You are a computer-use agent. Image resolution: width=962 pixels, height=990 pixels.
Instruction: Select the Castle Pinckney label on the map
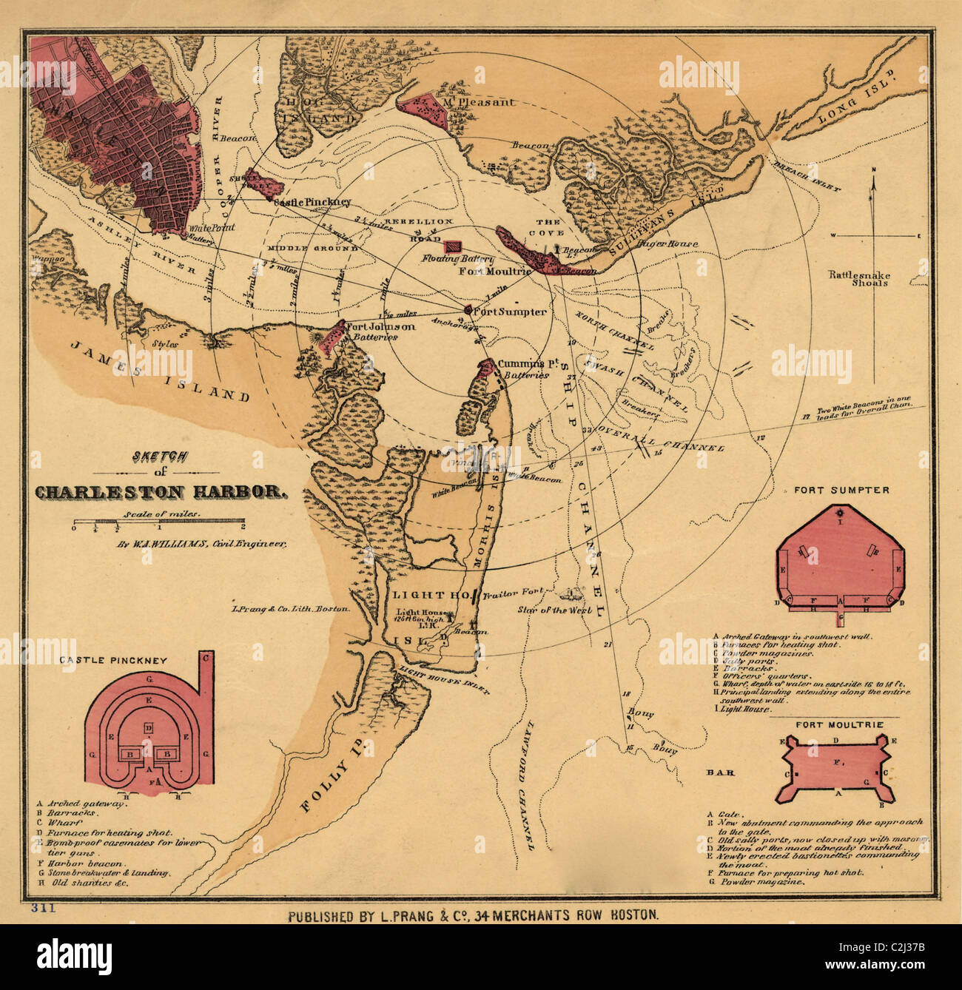(x=312, y=202)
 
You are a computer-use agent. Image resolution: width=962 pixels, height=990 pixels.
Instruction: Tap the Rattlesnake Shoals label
(x=859, y=278)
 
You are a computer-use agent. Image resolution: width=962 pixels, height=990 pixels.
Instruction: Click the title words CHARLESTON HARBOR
(x=160, y=491)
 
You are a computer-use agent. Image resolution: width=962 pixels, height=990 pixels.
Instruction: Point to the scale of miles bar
(x=158, y=526)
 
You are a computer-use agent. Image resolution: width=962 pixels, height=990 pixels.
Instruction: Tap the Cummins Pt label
(x=527, y=364)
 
